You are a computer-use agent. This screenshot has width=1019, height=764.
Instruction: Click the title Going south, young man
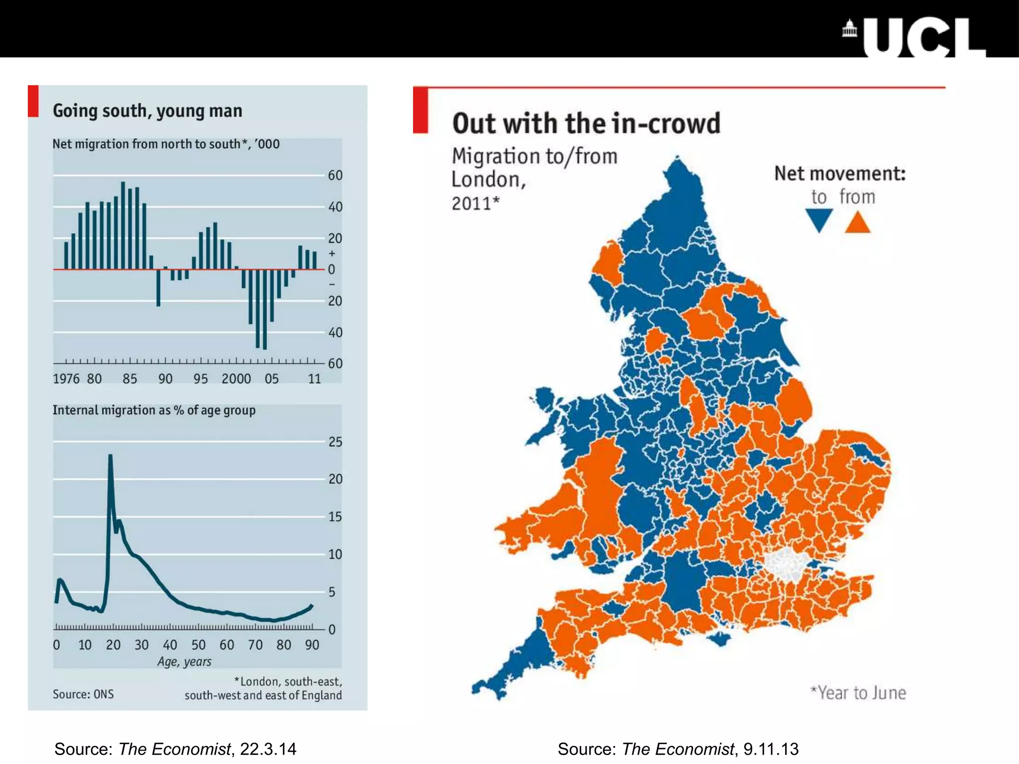pos(147,110)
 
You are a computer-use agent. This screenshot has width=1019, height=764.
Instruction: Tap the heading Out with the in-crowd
pos(586,123)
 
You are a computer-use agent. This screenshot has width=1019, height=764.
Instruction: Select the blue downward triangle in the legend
pos(819,219)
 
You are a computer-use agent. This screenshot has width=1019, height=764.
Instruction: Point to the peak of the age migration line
pos(110,456)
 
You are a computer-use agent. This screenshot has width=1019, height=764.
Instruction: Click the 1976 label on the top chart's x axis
pos(66,379)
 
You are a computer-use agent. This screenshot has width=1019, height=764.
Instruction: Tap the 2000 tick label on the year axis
pos(236,379)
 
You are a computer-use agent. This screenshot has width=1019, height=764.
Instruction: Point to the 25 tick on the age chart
pos(335,442)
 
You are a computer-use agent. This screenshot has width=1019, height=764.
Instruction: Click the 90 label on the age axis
pos(312,645)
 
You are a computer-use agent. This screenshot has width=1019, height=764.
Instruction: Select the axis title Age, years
pos(184,662)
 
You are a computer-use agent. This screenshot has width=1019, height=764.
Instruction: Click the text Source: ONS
pos(83,694)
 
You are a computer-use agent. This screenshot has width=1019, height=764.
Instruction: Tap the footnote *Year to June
pos(858,693)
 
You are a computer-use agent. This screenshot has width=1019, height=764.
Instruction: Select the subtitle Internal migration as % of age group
pos(154,410)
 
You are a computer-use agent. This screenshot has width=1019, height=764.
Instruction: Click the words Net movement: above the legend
pos(839,174)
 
